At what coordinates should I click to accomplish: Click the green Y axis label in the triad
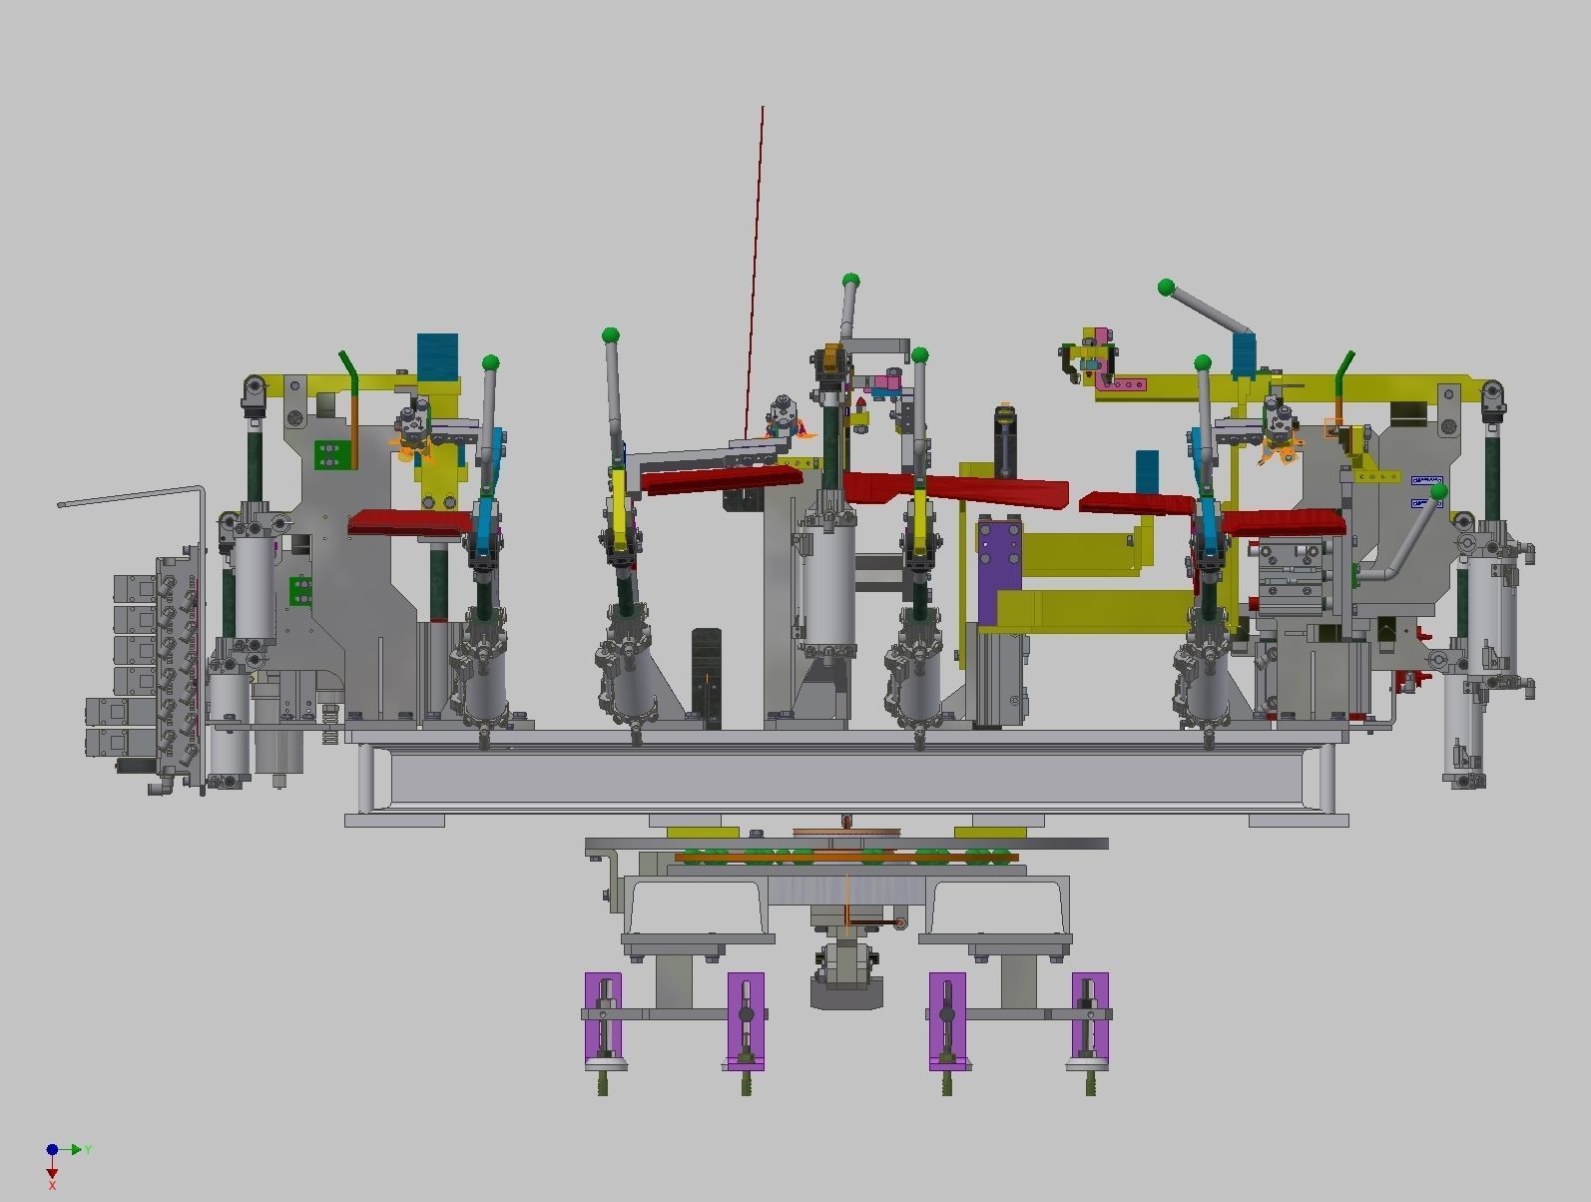coord(88,1150)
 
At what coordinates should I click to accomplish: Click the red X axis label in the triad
coord(52,1185)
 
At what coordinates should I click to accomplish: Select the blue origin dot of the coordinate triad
coord(52,1150)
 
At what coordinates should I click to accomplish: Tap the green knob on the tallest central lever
coord(850,281)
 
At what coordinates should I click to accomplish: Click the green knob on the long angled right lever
coord(1166,288)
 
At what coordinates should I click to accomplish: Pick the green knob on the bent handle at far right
coord(1438,492)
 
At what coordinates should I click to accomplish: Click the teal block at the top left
coord(437,355)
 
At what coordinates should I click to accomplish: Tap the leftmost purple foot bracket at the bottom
coord(603,1018)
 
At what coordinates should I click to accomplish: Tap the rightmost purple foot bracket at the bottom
coord(1090,1018)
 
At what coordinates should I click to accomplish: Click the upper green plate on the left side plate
coord(330,455)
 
